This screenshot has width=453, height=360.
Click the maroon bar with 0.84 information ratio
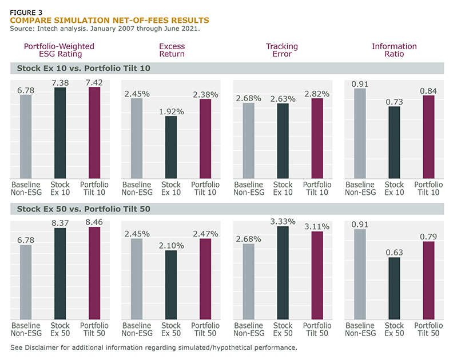click(428, 137)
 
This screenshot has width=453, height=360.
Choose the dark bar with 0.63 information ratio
click(394, 288)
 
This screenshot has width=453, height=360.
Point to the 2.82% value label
click(317, 94)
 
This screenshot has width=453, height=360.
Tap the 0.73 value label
click(394, 102)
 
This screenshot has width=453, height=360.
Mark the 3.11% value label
click(317, 227)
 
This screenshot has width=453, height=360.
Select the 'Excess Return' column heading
click(172, 50)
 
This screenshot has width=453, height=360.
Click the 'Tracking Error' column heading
click(283, 50)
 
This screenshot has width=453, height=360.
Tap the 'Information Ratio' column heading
click(394, 50)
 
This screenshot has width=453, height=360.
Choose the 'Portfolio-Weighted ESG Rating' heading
click(59, 50)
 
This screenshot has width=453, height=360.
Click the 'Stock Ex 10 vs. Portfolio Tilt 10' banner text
click(84, 69)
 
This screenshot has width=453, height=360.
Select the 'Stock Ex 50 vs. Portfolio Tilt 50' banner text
click(84, 209)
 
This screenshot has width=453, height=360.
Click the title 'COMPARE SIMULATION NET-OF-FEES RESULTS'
click(109, 20)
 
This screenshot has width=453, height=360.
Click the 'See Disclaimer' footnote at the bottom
click(154, 347)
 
